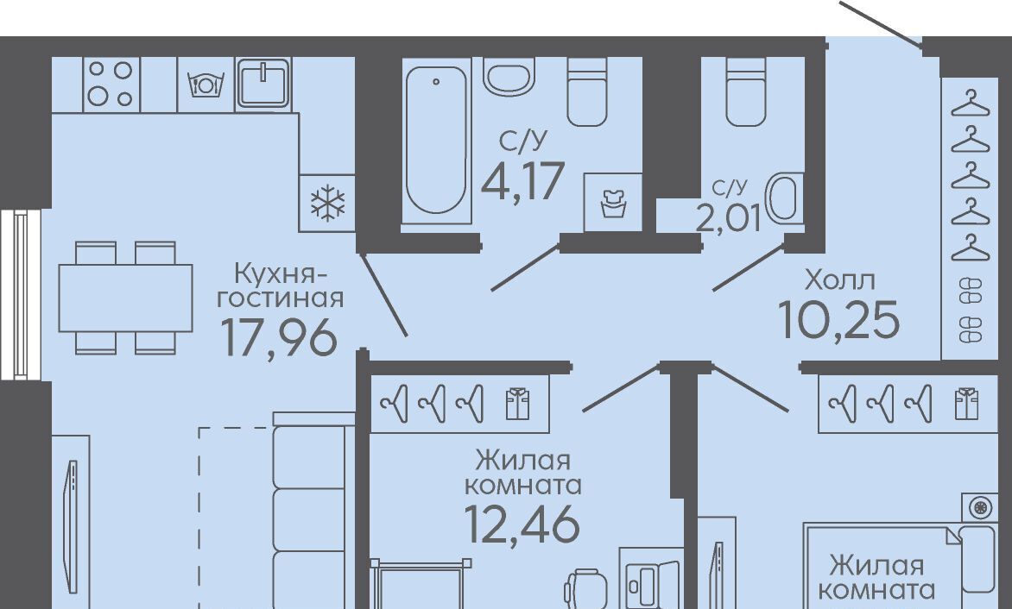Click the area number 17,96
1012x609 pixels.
[x=279, y=337]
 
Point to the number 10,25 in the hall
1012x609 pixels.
[x=839, y=320]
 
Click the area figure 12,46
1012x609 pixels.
[x=522, y=524]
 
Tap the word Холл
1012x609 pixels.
[x=840, y=280]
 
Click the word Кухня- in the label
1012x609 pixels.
[x=280, y=274]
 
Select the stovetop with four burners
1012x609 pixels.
[x=111, y=85]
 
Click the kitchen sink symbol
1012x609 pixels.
[x=263, y=83]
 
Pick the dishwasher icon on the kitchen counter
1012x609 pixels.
[x=205, y=85]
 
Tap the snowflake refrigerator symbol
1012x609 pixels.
[x=327, y=203]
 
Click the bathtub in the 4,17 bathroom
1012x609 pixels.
[x=436, y=141]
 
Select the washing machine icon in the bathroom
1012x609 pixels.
[x=613, y=203]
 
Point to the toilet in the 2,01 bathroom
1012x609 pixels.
[x=745, y=91]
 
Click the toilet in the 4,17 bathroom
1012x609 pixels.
[x=586, y=91]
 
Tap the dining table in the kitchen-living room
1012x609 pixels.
[x=126, y=298]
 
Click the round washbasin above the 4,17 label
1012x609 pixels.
[x=508, y=77]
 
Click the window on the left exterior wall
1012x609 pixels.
[x=21, y=294]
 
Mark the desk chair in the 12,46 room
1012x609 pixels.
[x=585, y=587]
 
